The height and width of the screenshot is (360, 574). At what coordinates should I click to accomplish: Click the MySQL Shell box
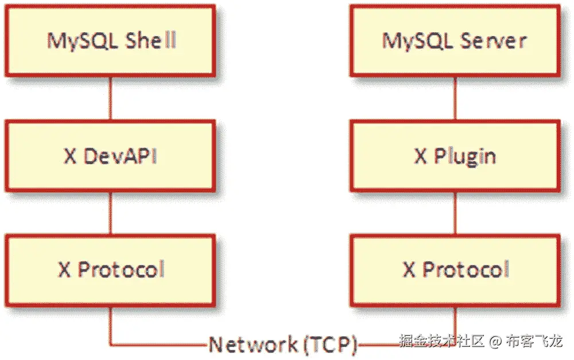110,41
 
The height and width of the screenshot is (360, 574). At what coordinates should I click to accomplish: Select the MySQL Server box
455,41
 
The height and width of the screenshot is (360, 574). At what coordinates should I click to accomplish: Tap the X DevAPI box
110,156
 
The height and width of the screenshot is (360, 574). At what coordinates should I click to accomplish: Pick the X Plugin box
455,156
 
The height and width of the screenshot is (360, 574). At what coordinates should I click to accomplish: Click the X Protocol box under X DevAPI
110,269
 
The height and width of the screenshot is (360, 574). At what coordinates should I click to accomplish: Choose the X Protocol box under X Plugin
455,269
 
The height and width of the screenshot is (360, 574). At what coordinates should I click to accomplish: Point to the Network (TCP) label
282,344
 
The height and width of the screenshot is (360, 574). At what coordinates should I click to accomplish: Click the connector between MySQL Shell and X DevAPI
110,98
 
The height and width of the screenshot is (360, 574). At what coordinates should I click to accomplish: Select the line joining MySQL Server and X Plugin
455,98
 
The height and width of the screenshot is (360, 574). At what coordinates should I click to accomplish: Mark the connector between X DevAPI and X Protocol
110,212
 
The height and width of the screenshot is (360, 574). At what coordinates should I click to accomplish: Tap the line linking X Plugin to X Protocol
455,212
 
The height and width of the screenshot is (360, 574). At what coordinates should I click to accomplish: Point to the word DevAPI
120,156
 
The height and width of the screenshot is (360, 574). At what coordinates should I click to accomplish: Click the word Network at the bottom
253,344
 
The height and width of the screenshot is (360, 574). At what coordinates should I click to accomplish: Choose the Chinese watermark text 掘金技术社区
442,342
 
